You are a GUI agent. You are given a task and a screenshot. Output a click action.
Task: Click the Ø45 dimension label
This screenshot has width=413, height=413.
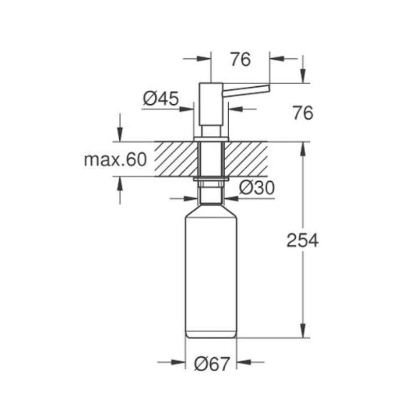tap(161, 99)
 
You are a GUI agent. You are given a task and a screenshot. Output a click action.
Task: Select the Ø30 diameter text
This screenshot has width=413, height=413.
tap(257, 187)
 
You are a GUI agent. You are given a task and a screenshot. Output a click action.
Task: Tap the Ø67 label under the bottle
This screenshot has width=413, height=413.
tap(212, 364)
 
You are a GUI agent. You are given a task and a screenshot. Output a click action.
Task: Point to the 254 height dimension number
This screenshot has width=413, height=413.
tap(303, 241)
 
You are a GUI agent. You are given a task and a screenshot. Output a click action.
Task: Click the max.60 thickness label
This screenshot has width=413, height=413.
tap(115, 160)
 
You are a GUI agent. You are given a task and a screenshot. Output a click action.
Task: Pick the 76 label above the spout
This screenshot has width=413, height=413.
tap(241, 59)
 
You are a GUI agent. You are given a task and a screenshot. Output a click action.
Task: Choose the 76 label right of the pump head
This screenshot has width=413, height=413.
tap(303, 113)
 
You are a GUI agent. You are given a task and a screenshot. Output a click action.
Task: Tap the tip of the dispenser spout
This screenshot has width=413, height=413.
tap(269, 88)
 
